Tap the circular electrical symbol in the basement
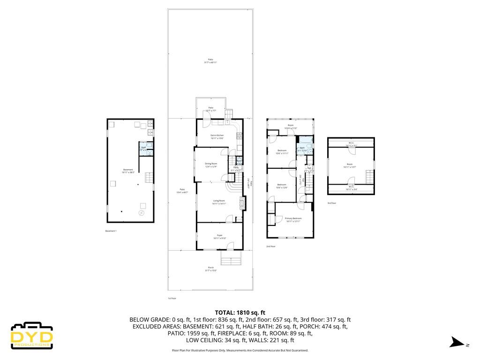click(x=142, y=213)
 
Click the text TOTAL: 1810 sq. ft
click(x=240, y=312)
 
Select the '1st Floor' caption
click(x=172, y=298)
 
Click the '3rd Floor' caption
click(x=332, y=203)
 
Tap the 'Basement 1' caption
click(x=111, y=231)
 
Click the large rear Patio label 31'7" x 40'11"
click(x=210, y=61)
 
